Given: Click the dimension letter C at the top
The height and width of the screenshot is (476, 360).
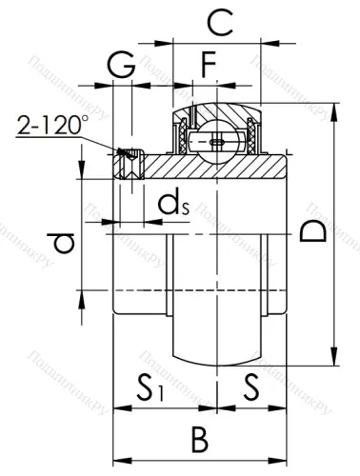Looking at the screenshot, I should [x=219, y=21].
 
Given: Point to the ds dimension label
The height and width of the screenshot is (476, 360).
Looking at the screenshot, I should [x=170, y=203].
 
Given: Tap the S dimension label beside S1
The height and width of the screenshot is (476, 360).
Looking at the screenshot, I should [x=250, y=388].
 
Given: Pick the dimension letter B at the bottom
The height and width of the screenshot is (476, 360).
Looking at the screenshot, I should [x=199, y=440].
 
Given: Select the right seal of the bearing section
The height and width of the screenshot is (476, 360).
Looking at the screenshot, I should [x=251, y=137].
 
